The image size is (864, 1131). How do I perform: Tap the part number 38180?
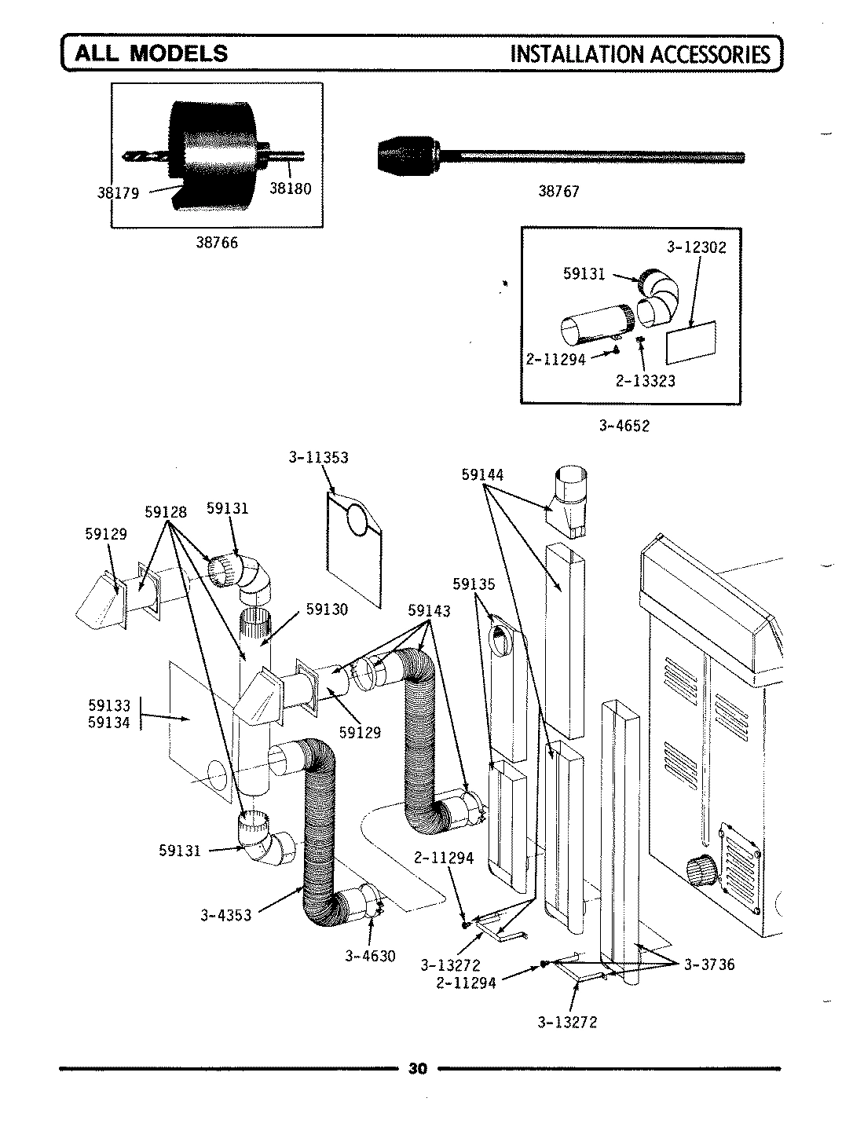(x=290, y=188)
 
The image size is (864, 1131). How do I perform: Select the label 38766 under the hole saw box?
(x=217, y=243)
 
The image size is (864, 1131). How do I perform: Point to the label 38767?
(x=558, y=191)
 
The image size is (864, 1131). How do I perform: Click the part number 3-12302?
(x=696, y=247)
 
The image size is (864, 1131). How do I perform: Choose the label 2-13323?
(x=646, y=381)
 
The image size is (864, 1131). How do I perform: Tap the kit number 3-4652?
(x=624, y=426)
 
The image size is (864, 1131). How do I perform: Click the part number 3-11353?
(x=318, y=457)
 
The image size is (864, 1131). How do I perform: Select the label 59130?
(x=327, y=609)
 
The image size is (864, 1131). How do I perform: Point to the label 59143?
(x=429, y=611)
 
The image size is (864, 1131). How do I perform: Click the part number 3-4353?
(x=226, y=915)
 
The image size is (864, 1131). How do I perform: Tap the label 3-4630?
(x=369, y=956)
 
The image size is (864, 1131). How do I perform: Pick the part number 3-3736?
(x=709, y=964)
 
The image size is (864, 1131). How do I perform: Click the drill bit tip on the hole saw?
(x=134, y=156)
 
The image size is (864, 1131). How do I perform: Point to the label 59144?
(x=483, y=474)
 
